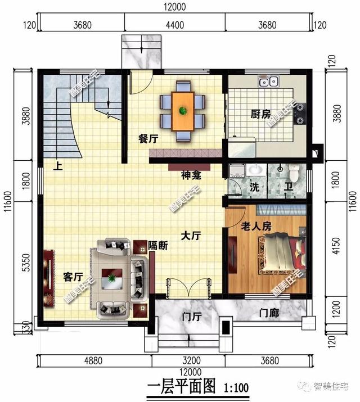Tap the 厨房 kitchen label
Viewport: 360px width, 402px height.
tap(260, 115)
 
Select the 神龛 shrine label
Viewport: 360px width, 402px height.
tap(188, 175)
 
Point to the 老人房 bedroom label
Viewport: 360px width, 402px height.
tap(256, 226)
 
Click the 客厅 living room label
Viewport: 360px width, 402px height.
tap(73, 277)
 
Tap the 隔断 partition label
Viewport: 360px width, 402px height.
tap(157, 245)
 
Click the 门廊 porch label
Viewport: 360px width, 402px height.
tap(268, 313)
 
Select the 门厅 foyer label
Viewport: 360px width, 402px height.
tap(192, 317)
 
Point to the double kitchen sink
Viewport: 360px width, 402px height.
tap(268, 82)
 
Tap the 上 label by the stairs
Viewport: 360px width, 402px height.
tap(58, 166)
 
